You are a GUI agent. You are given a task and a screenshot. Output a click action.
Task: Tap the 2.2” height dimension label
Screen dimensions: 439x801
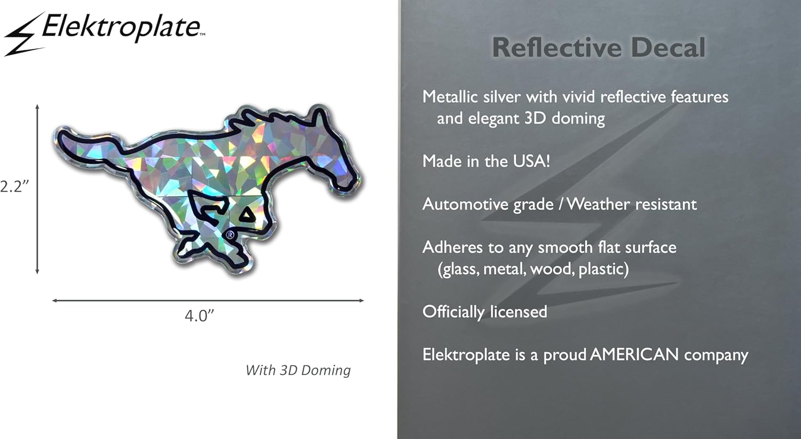point(14,186)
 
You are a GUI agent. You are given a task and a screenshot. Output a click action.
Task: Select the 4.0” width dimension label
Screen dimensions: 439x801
point(199,315)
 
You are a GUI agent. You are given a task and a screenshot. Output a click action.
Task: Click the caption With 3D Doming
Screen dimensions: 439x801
point(298,370)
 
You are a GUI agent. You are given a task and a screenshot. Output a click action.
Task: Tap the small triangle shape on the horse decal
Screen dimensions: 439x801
point(247,215)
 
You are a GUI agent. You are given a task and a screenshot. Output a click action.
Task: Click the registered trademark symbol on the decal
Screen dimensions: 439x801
point(230,234)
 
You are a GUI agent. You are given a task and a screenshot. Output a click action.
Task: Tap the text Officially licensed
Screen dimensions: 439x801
point(485,312)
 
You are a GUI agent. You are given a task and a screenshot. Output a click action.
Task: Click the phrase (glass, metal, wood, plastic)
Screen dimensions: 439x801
point(533,268)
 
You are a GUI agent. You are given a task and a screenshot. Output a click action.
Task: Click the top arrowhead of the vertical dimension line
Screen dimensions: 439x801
point(37,107)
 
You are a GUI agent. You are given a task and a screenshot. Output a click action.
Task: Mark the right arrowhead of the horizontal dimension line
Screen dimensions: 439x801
point(362,301)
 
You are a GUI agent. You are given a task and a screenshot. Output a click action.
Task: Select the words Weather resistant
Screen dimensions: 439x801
point(632,204)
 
